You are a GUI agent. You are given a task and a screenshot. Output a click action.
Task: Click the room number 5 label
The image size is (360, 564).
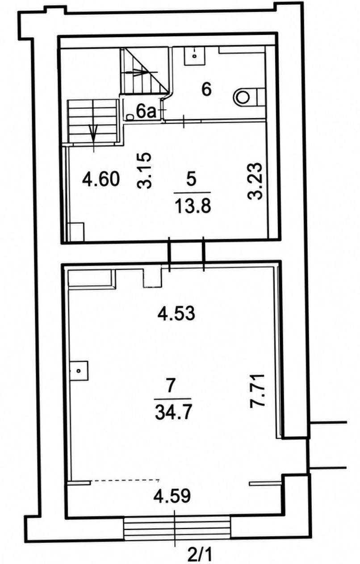[192, 180]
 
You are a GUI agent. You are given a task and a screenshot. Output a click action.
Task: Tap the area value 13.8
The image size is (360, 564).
[193, 206]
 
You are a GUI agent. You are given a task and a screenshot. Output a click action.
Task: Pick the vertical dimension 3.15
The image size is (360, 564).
[144, 170]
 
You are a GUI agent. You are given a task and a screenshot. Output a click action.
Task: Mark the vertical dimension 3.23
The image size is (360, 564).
[255, 181]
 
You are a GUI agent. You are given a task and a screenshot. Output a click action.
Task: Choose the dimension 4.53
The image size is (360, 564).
[176, 313]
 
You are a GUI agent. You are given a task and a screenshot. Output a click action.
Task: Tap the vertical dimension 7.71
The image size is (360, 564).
[257, 393]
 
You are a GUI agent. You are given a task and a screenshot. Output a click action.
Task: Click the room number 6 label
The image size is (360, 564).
[206, 89]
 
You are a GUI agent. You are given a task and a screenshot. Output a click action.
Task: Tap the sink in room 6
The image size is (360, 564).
[195, 56]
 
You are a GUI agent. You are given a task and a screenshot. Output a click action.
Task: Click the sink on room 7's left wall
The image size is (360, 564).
[80, 370]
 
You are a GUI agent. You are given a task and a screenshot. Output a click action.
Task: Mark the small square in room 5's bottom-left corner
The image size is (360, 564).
[77, 232]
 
